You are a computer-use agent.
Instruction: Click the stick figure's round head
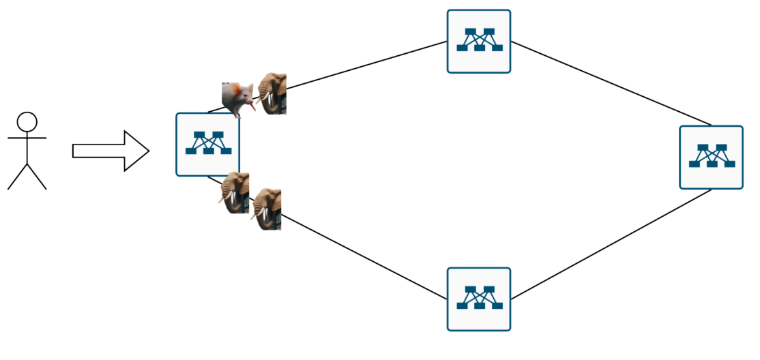(27, 122)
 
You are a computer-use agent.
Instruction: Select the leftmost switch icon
(207, 145)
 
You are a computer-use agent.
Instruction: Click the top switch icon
(478, 41)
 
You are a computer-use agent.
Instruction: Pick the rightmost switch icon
(711, 157)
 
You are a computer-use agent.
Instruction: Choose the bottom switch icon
(478, 299)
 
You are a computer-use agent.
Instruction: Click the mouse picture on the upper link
(237, 99)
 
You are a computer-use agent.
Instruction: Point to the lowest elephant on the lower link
(267, 209)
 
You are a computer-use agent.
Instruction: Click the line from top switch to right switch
(611, 83)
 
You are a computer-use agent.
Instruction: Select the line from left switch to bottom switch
(362, 256)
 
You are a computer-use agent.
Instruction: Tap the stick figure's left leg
(18, 177)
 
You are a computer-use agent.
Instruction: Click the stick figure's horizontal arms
(27, 138)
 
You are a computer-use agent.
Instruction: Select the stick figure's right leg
(36, 177)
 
